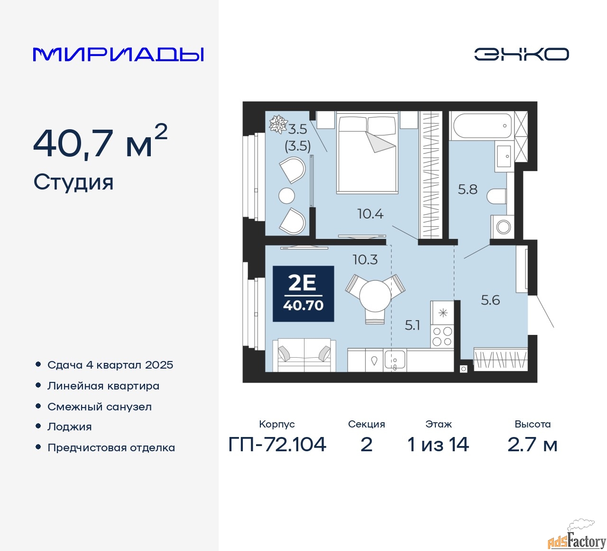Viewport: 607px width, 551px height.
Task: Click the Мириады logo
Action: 118,55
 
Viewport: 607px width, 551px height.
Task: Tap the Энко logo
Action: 521,54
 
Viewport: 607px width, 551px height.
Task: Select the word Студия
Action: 74,182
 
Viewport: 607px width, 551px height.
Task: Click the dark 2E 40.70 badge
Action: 303,294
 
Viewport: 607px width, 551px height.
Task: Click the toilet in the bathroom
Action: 497,196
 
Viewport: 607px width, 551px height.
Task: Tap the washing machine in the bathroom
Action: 502,227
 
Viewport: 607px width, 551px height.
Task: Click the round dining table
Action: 375,295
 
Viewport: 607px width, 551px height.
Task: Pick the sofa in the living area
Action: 304,355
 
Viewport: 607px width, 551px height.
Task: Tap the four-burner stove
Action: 442,336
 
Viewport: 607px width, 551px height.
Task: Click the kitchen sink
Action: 395,360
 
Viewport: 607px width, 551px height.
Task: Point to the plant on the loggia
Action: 278,124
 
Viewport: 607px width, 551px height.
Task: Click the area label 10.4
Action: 370,214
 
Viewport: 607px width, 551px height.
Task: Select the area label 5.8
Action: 468,190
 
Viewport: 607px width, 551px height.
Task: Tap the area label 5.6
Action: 490,300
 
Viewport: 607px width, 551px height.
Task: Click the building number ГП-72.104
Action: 277,445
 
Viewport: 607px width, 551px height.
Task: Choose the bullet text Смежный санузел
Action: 100,407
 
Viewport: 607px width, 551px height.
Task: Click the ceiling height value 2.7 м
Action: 532,445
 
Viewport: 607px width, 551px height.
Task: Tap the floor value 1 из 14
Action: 438,445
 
